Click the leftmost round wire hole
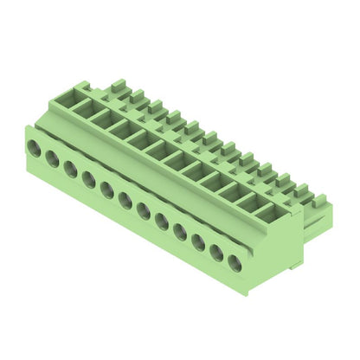point(34,149)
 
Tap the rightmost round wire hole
point(235,260)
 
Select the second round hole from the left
point(52,159)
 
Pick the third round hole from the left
point(70,169)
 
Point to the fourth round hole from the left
point(88,179)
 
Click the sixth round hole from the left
point(125,200)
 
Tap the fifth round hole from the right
point(162,220)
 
